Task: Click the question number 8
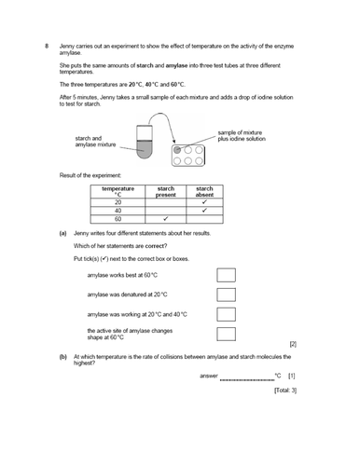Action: tap(34, 46)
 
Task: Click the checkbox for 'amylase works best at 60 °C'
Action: tap(227, 275)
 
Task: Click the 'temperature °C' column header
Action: tap(118, 191)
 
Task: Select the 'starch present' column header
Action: tap(166, 191)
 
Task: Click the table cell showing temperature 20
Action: tap(118, 202)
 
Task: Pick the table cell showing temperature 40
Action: tap(118, 212)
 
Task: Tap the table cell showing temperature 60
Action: tap(118, 221)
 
